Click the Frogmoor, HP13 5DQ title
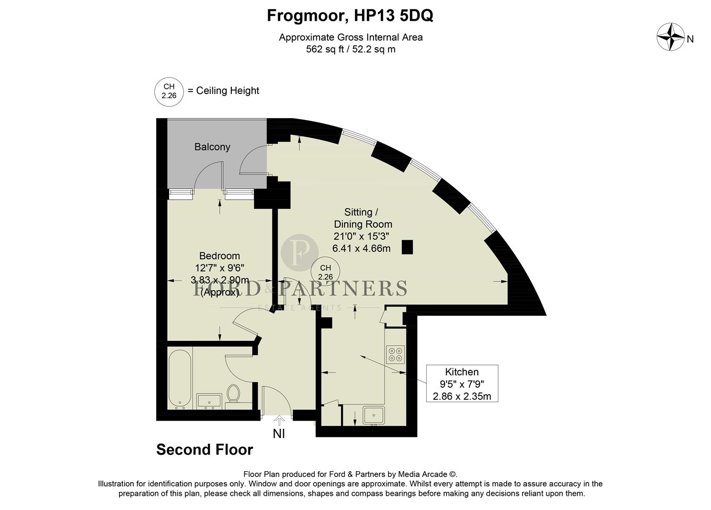click(x=350, y=16)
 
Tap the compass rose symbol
click(x=670, y=37)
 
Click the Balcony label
click(x=212, y=147)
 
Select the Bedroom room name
click(x=220, y=256)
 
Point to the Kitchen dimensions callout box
click(x=462, y=383)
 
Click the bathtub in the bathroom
click(x=179, y=379)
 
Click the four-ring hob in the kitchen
click(x=395, y=354)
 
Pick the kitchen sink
click(x=373, y=416)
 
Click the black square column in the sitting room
click(x=407, y=247)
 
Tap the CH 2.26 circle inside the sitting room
click(x=325, y=272)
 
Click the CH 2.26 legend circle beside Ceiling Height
click(x=169, y=91)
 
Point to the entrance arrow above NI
click(x=279, y=420)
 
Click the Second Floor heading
click(x=204, y=450)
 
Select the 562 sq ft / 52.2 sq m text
click(x=350, y=49)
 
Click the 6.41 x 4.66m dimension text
click(x=361, y=248)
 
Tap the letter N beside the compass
click(x=690, y=40)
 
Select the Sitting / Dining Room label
click(x=362, y=218)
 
